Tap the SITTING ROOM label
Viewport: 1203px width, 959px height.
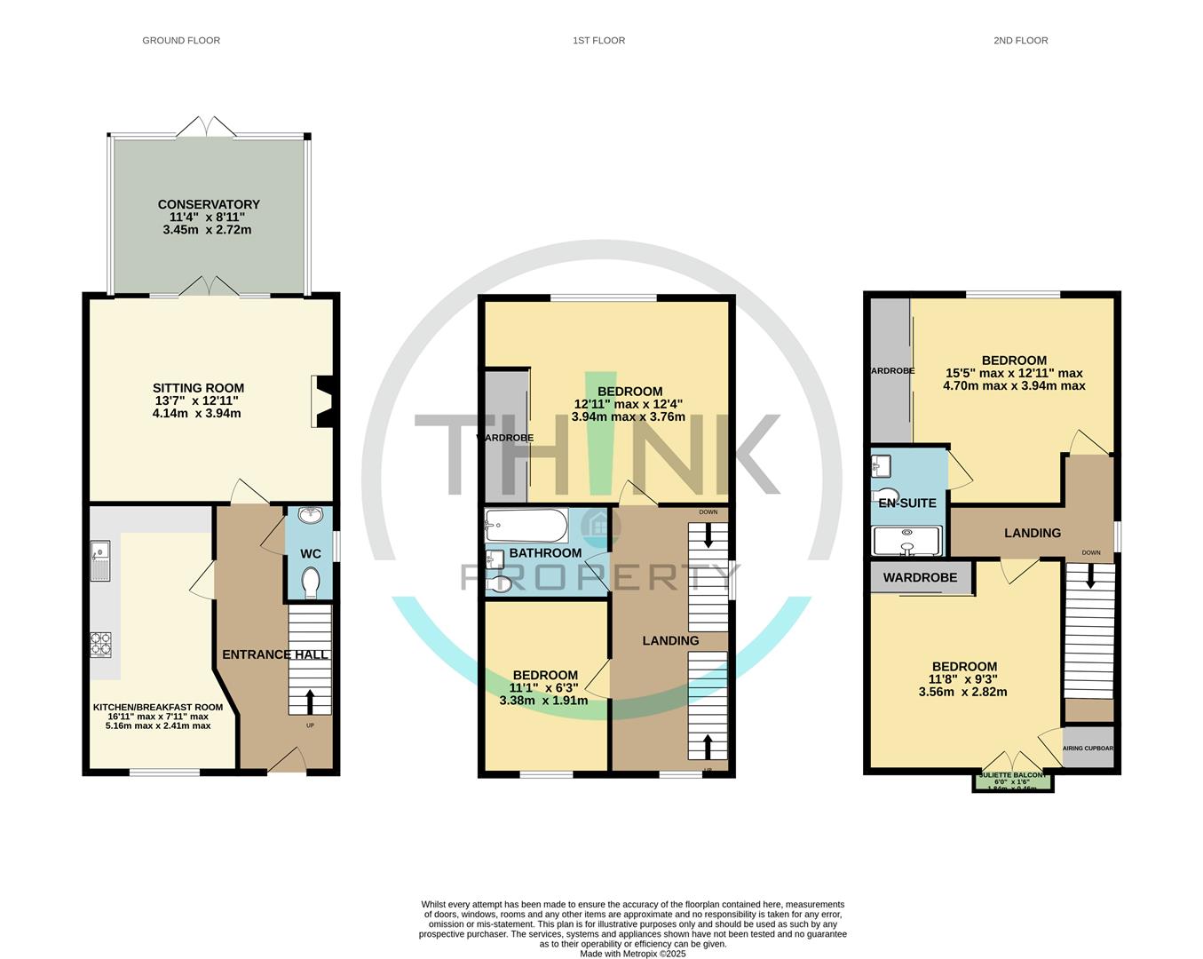tap(198, 388)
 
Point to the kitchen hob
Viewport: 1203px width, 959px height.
tap(99, 642)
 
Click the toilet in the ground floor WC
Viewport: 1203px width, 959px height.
tap(310, 583)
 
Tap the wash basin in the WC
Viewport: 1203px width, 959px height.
tap(311, 516)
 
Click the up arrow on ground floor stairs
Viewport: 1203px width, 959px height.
tap(309, 701)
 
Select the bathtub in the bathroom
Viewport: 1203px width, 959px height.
tap(526, 525)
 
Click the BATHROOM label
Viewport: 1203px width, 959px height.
tap(545, 553)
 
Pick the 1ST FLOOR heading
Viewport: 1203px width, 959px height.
tap(598, 40)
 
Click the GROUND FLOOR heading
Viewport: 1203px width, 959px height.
tap(181, 40)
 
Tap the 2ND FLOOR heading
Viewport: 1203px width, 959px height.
tap(1020, 40)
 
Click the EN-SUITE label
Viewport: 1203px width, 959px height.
tap(906, 503)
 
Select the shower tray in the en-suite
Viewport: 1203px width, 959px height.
tap(907, 539)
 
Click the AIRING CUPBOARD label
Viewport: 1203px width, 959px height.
tap(1088, 748)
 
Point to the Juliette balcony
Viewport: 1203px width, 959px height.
tap(1012, 781)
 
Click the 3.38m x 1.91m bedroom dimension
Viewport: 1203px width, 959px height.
tap(543, 700)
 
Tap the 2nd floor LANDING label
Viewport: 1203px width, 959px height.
tap(1032, 533)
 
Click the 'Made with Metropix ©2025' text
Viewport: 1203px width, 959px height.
tap(632, 954)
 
